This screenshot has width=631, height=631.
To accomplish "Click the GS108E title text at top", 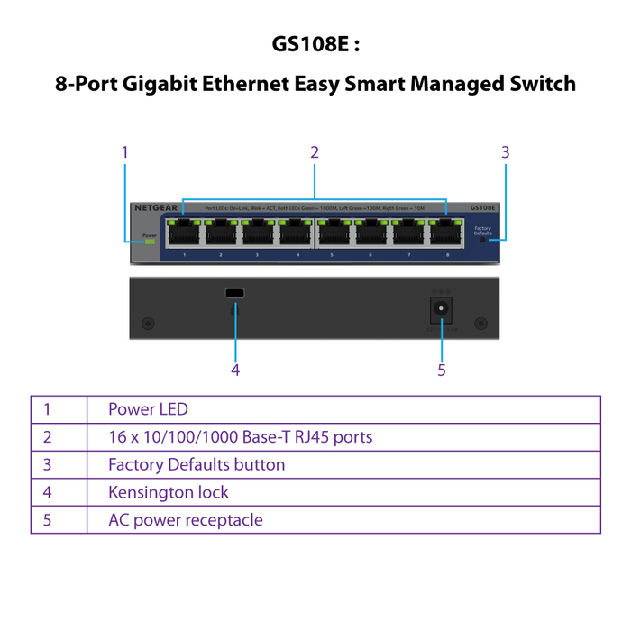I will coord(315,44).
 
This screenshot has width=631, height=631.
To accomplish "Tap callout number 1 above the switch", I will coord(125,152).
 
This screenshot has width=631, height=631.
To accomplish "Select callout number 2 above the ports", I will coord(315,152).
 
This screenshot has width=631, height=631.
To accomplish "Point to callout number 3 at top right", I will coord(506,152).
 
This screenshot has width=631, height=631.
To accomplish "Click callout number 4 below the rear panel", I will coord(235,369).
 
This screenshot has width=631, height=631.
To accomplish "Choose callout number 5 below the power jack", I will coord(442,370).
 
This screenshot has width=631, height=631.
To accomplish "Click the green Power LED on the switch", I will coord(150,242).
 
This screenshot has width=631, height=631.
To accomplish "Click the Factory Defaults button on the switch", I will coord(485,240).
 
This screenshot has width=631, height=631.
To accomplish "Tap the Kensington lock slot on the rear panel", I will coord(235,294).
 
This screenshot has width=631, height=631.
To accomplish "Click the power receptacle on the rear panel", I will coord(442,309).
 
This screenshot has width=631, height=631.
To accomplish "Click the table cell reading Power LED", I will coord(148,409).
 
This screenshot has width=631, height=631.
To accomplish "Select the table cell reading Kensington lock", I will coord(168,492).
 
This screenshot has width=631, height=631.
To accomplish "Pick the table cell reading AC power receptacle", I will coord(185,520).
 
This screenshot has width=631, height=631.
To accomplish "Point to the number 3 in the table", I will coord(47,465).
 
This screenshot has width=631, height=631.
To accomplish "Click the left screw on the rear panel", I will coord(148,323).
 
